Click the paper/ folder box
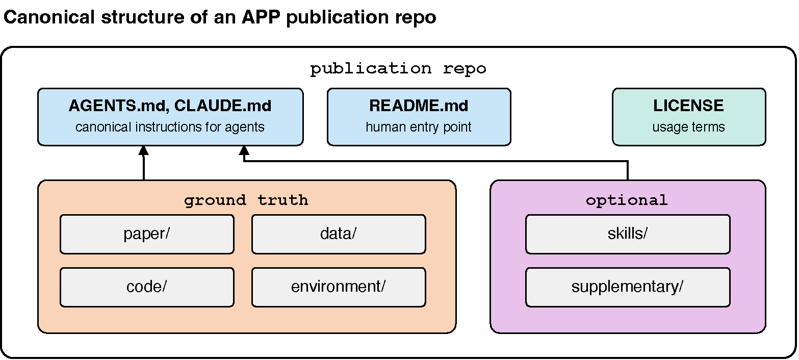[x=147, y=234]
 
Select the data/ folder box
[x=339, y=234]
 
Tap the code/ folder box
[x=147, y=287]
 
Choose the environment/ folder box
[x=339, y=287]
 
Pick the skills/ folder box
[x=628, y=234]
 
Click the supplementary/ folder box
[x=628, y=287]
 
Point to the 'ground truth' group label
[x=246, y=200]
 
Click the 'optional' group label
[x=627, y=200]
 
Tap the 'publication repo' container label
[x=398, y=69]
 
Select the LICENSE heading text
[x=688, y=106]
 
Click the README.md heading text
[x=419, y=106]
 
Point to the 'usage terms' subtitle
[x=688, y=127]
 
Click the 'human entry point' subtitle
[x=419, y=127]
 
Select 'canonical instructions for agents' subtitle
[x=170, y=127]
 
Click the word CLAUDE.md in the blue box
[x=223, y=106]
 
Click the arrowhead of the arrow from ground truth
[x=143, y=150]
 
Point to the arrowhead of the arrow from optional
[x=244, y=150]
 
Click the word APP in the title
[x=261, y=17]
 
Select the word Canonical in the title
[x=49, y=17]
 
